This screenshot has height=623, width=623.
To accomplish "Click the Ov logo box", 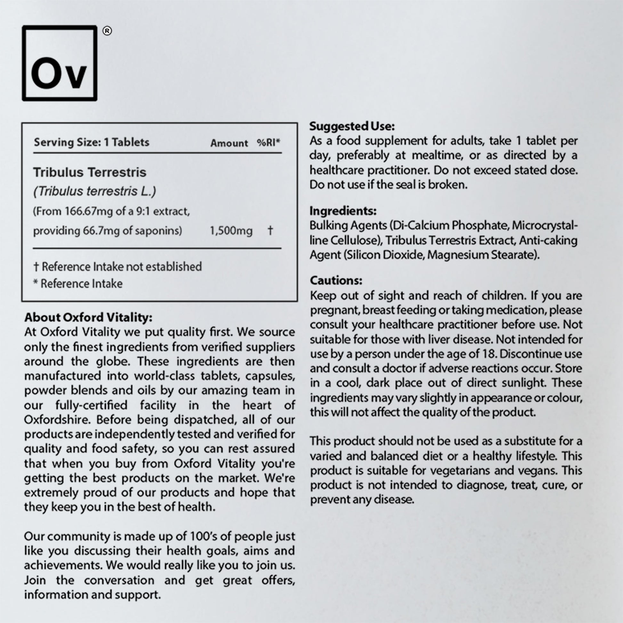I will (60, 63).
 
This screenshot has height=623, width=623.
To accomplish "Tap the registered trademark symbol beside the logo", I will (107, 31).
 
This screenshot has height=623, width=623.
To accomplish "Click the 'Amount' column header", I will (229, 143).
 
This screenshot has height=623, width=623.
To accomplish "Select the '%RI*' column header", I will (268, 142).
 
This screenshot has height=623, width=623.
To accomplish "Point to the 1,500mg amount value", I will (231, 231).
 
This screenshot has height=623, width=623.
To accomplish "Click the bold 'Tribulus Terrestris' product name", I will (90, 172).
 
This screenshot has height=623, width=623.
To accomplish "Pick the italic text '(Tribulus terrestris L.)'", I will (94, 191).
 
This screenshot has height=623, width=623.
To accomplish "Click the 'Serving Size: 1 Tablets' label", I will (92, 142).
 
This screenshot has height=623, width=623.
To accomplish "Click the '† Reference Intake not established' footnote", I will (117, 267).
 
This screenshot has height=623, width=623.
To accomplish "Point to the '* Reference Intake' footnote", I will (78, 283).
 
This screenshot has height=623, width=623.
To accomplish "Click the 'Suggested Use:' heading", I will (352, 126).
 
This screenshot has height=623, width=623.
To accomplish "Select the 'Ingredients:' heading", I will (343, 211).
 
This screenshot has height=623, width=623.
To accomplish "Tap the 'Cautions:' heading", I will (336, 280).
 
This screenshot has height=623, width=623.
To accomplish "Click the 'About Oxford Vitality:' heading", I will (88, 317).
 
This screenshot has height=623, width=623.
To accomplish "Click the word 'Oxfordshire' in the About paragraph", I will (57, 419).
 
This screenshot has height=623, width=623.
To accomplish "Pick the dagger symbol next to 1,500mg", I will (270, 230).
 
